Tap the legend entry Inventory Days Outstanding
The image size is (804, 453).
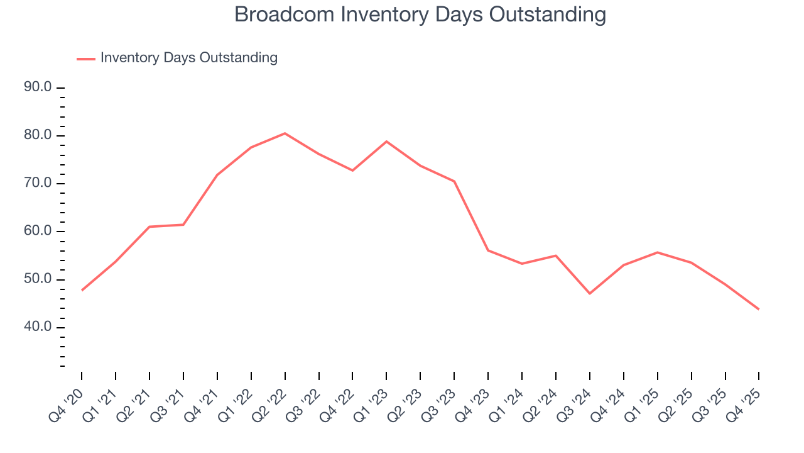click(x=188, y=58)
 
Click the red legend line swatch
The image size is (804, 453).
click(x=85, y=59)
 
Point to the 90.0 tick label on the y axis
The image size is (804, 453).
click(x=38, y=87)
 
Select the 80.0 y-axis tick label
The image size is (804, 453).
click(x=38, y=136)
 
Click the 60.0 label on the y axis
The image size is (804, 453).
click(x=38, y=232)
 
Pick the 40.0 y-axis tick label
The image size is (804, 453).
click(x=38, y=327)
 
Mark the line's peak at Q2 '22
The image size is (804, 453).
click(x=285, y=133)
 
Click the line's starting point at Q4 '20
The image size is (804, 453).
click(x=82, y=290)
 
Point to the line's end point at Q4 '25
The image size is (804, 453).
click(x=759, y=309)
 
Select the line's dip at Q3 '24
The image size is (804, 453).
click(x=589, y=293)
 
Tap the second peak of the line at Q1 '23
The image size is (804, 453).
click(x=386, y=142)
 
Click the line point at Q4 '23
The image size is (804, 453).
click(x=488, y=250)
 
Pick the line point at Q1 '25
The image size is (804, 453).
click(x=657, y=252)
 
